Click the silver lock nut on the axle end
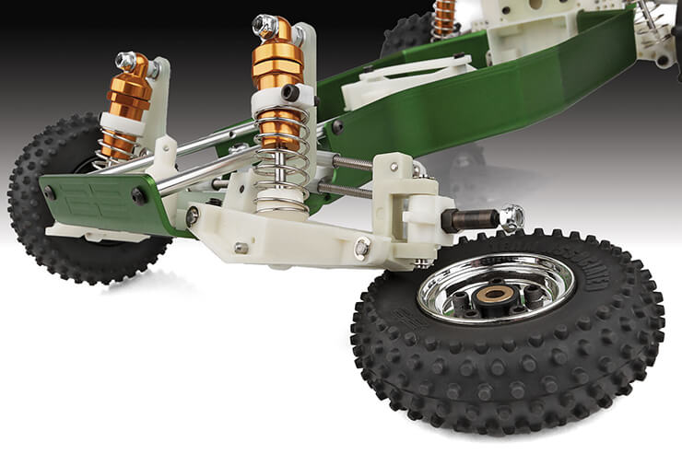(x=511, y=217)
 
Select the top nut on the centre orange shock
(x=266, y=26)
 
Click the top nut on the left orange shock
(x=126, y=62)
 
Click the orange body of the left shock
(x=127, y=97)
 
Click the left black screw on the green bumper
(x=49, y=192)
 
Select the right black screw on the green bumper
(x=138, y=196)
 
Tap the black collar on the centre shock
(x=290, y=92)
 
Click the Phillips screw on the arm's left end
(x=192, y=216)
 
